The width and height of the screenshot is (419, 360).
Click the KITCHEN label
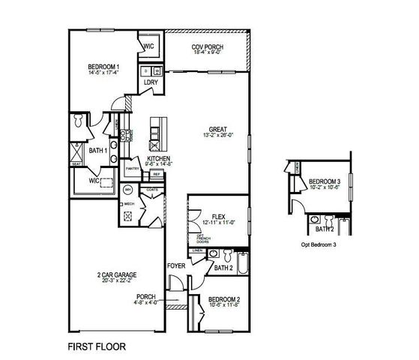(x=158, y=159)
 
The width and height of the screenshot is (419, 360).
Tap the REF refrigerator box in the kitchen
(x=157, y=174)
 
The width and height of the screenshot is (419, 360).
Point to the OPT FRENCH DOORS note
(x=202, y=238)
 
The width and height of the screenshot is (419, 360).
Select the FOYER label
(x=176, y=265)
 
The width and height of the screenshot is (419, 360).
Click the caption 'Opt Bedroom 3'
(x=320, y=245)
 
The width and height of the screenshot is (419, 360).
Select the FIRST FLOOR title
(x=97, y=347)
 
